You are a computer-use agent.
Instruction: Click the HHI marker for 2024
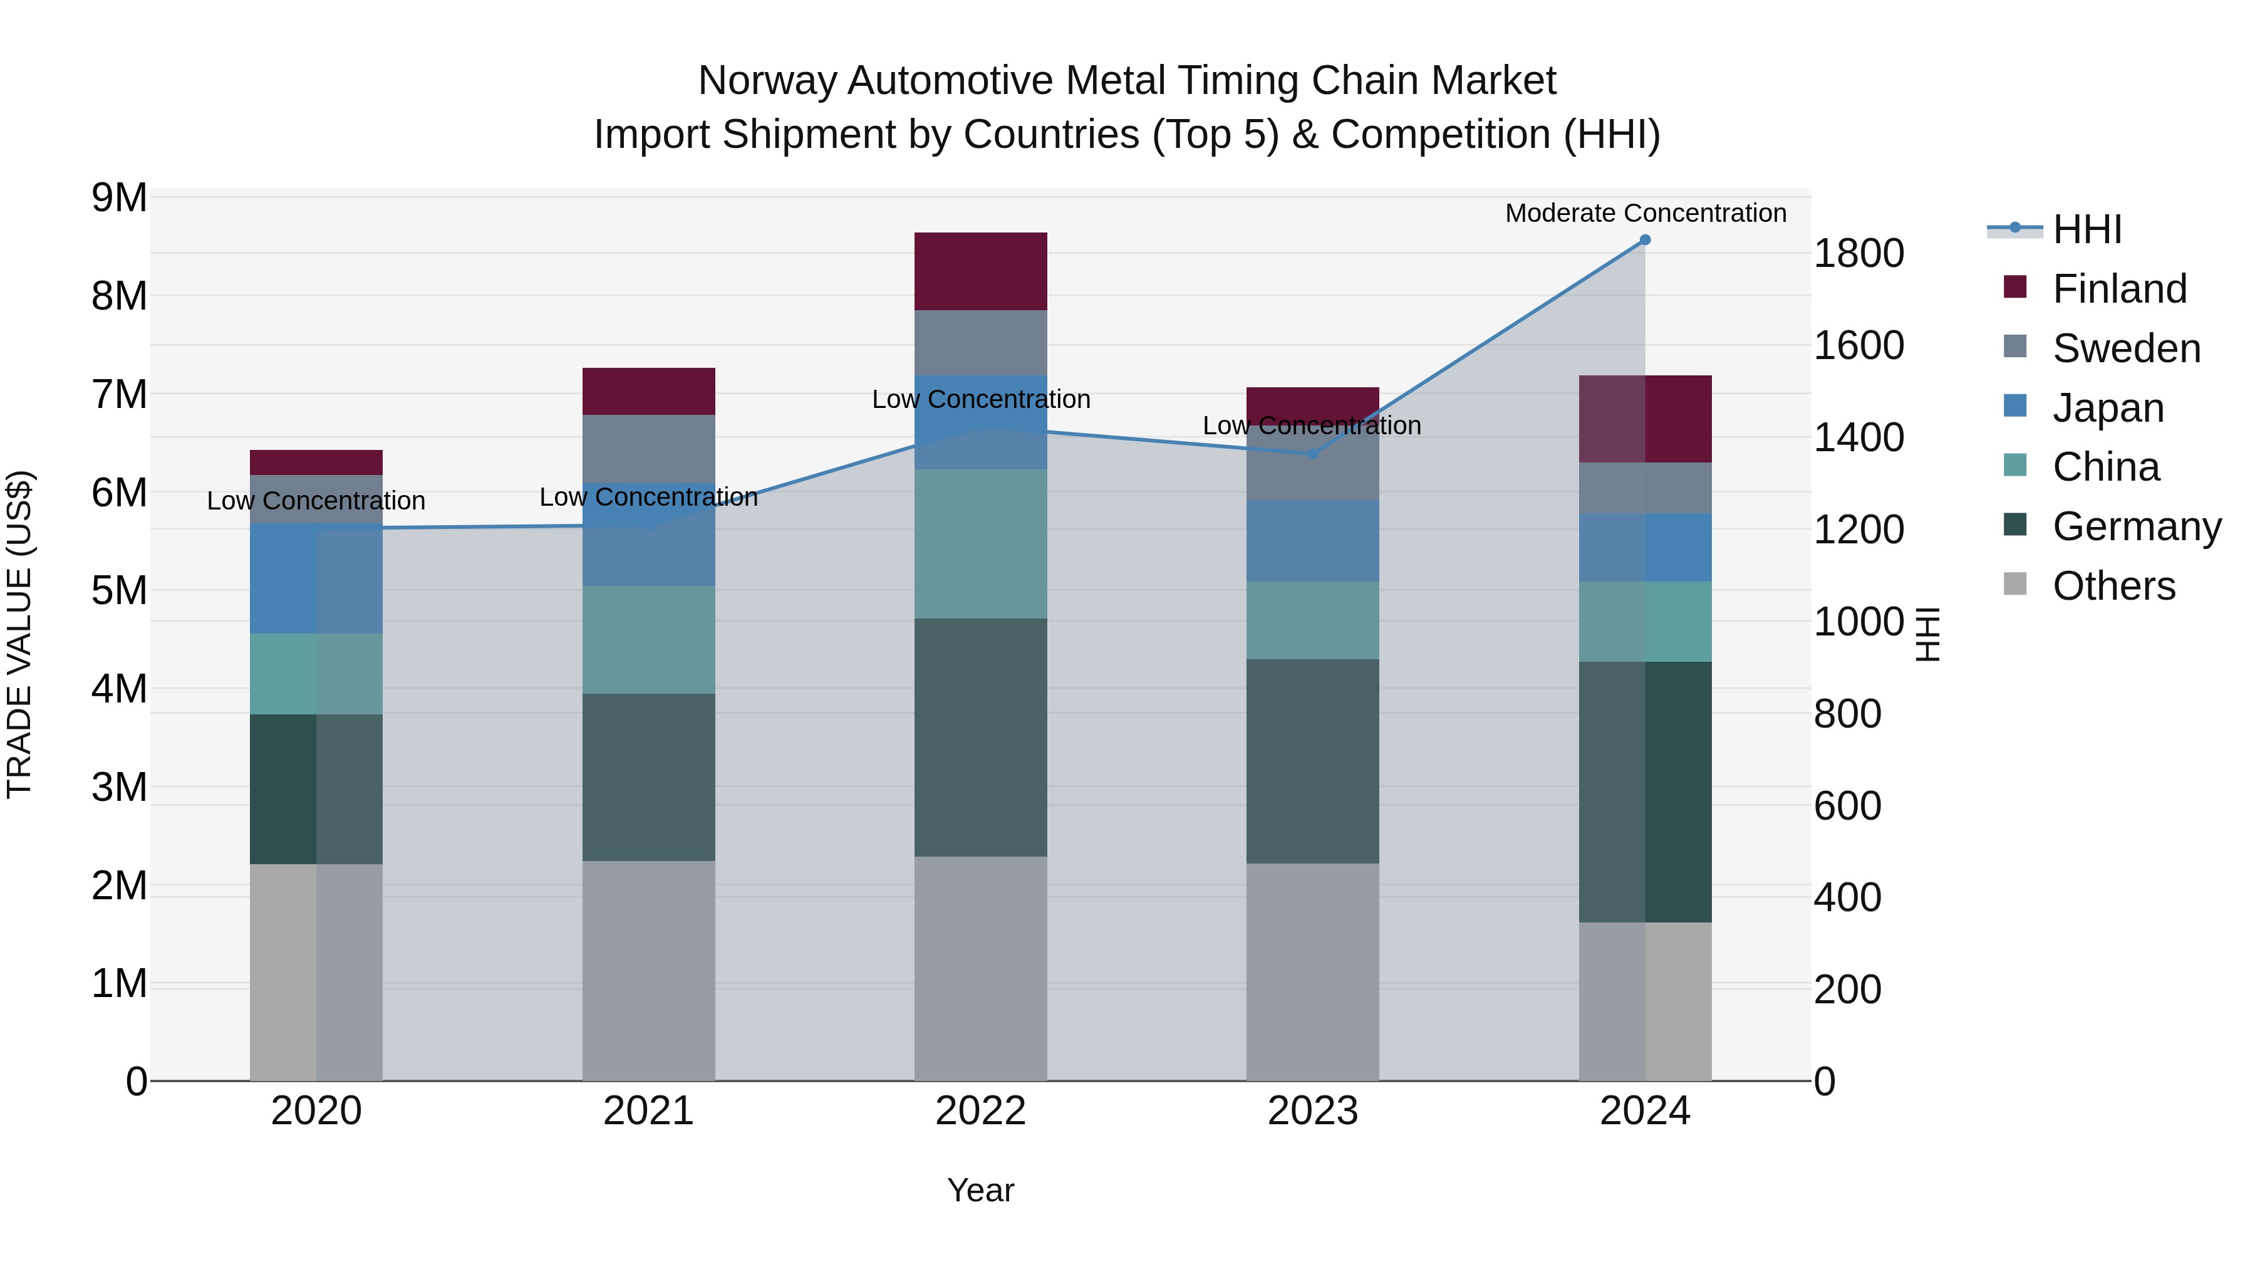[1645, 240]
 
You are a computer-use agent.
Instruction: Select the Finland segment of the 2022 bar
[980, 271]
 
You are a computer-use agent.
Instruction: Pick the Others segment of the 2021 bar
[649, 970]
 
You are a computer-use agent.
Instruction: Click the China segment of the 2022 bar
[980, 544]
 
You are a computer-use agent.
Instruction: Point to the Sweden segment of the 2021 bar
[649, 449]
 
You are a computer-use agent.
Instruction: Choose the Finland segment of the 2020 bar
[316, 462]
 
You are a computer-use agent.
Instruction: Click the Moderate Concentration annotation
[1645, 213]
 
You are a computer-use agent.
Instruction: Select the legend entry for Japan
[2107, 408]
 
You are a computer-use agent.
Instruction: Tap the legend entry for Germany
[2136, 526]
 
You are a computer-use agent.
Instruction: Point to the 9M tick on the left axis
[120, 198]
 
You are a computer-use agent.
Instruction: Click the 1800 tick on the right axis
[1858, 254]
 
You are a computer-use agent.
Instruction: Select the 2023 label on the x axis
[1312, 1111]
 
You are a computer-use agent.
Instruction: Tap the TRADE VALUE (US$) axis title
[19, 634]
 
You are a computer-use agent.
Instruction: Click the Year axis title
[980, 1190]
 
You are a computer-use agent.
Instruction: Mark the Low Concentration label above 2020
[316, 501]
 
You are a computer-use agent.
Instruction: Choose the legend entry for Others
[2113, 586]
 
